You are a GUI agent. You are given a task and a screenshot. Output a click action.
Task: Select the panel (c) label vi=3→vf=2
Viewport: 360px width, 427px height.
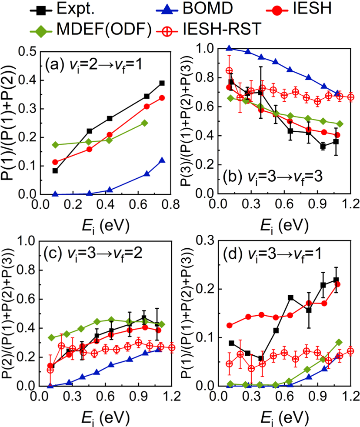tap(91, 254)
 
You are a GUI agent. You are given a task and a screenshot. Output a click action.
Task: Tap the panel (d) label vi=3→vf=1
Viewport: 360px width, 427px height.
tap(270, 254)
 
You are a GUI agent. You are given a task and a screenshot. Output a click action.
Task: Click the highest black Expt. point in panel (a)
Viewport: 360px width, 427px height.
tap(162, 83)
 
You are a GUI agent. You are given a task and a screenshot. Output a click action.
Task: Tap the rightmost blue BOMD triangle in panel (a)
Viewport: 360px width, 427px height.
tap(162, 160)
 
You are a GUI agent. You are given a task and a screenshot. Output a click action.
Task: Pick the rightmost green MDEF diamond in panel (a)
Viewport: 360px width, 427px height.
tap(144, 123)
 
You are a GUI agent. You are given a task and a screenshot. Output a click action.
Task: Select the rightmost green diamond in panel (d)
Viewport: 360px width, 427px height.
tap(339, 342)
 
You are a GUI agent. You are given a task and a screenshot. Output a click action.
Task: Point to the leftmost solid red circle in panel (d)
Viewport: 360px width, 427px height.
tap(230, 325)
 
